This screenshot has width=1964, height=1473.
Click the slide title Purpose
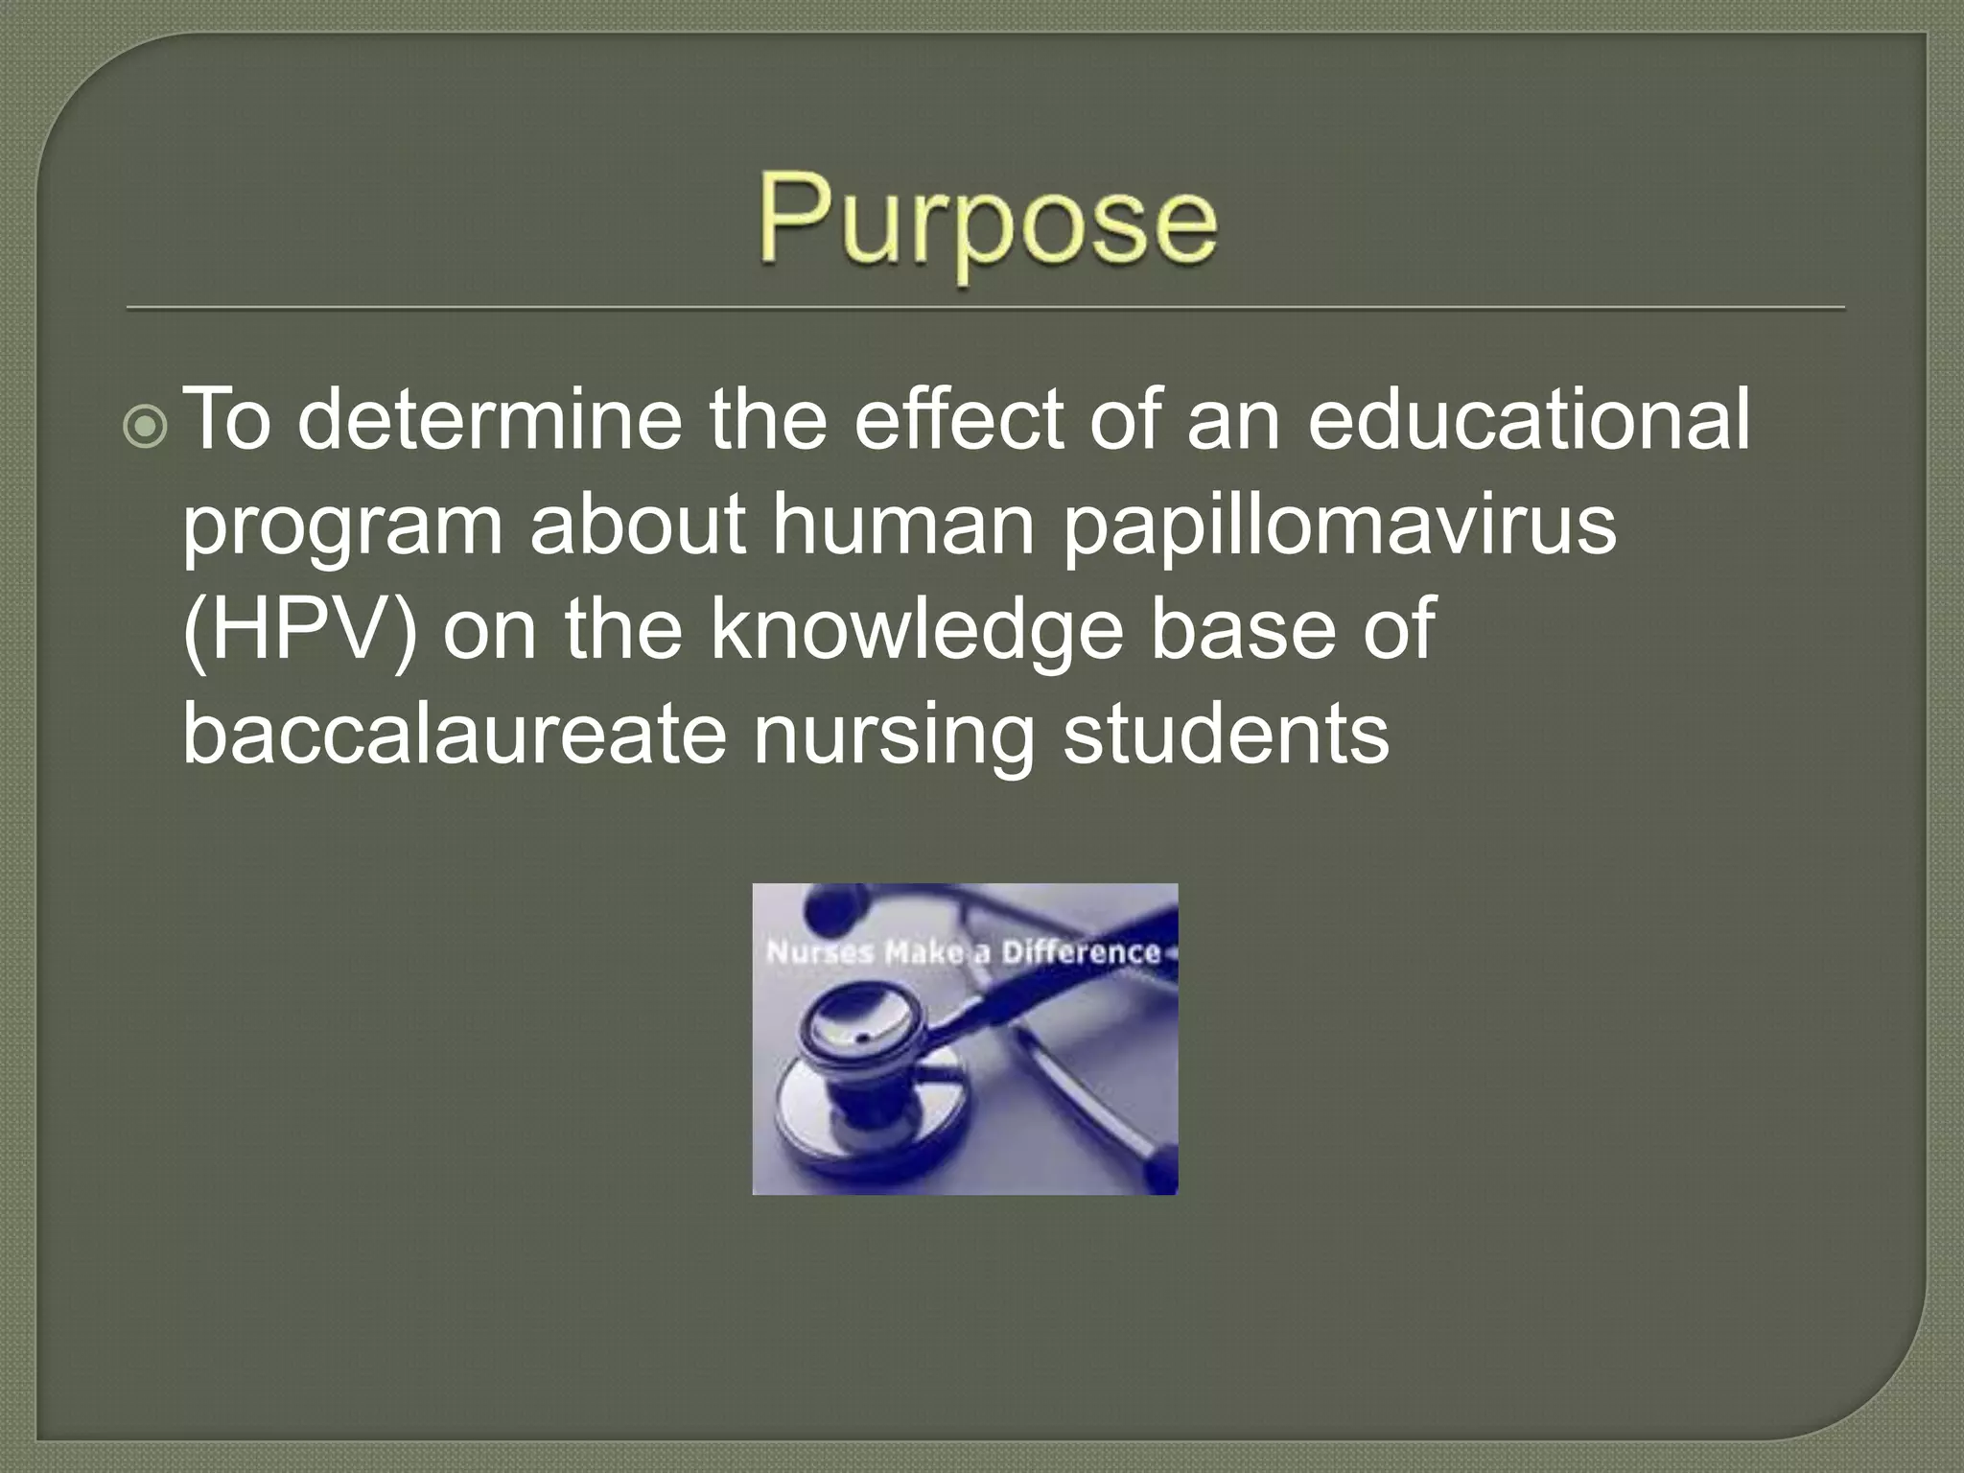point(988,226)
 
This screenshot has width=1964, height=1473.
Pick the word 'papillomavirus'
point(1340,529)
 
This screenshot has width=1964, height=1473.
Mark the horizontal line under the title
point(986,309)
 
